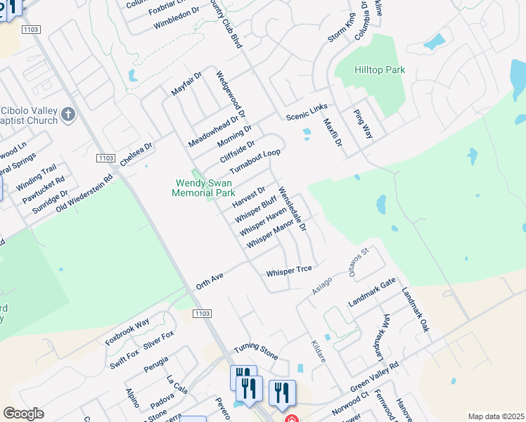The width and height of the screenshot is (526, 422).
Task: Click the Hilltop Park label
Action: click(x=369, y=70)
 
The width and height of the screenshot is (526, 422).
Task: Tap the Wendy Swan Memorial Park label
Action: click(x=205, y=188)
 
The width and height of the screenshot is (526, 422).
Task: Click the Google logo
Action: click(x=23, y=414)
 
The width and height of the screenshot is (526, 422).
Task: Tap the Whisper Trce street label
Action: click(x=289, y=271)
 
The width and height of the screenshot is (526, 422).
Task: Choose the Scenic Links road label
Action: click(x=307, y=110)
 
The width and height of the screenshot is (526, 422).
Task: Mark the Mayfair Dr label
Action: click(x=186, y=84)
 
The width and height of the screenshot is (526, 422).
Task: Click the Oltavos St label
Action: click(x=359, y=262)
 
